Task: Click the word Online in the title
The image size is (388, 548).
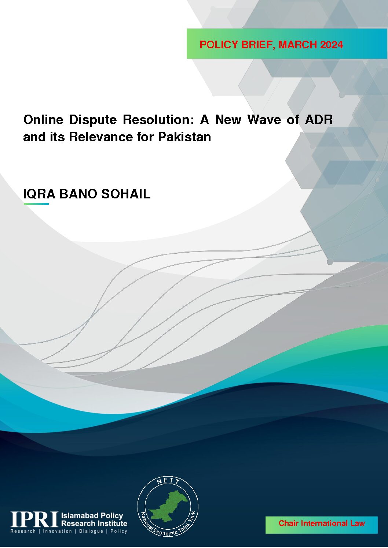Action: (43, 120)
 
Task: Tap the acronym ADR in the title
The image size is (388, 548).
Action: (319, 120)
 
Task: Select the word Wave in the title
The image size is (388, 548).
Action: (264, 120)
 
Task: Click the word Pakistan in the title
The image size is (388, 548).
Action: (184, 137)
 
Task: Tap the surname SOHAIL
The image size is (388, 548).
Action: (126, 194)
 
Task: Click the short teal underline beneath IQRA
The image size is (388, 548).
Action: (36, 204)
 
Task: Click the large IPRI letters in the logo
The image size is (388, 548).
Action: (34, 519)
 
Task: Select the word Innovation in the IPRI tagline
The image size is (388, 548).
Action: (57, 531)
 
